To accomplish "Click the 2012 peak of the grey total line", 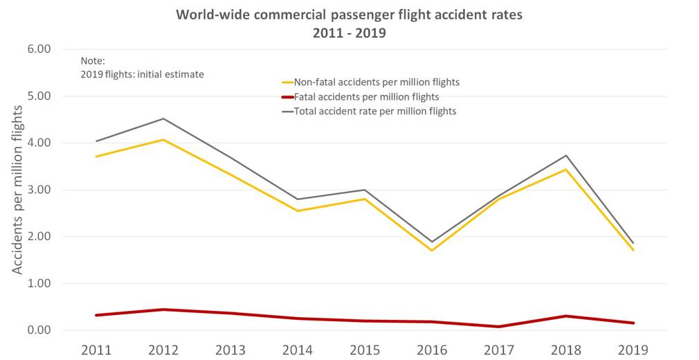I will pos(163,118).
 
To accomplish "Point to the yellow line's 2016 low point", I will pos(432,250).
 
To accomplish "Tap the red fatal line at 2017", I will pos(499,326).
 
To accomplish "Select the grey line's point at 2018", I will pos(566,155).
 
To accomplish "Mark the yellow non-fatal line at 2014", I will pos(297,210).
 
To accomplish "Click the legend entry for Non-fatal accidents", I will pos(376,82).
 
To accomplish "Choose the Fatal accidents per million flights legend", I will pos(366,97).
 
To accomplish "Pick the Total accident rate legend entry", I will pos(374,111).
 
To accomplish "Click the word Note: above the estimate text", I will pos(92,61).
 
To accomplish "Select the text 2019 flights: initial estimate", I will pos(142,74).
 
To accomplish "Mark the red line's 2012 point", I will pos(163,309).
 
